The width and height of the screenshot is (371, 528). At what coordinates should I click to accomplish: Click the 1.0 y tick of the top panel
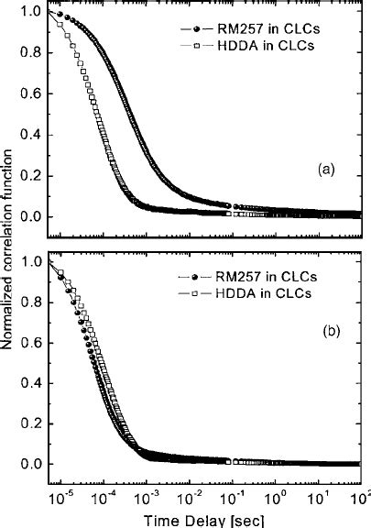tap(29, 13)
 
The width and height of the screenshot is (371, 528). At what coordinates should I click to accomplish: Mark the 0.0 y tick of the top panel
tap(29, 216)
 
